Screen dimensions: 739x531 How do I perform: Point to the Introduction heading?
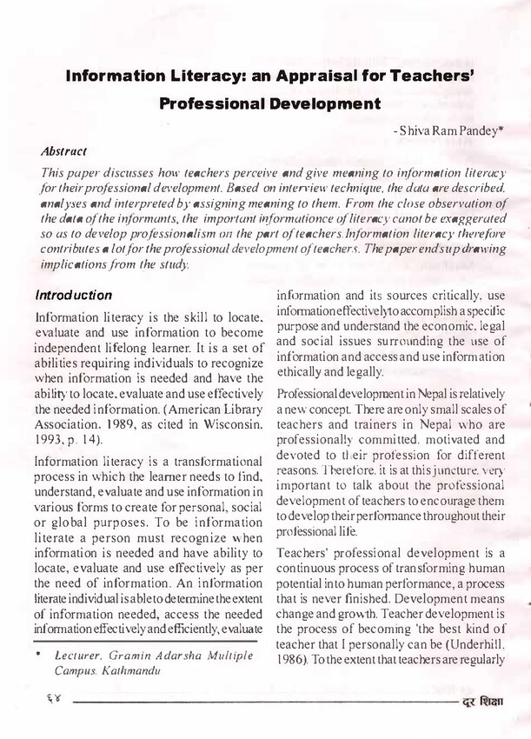[x=74, y=296]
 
